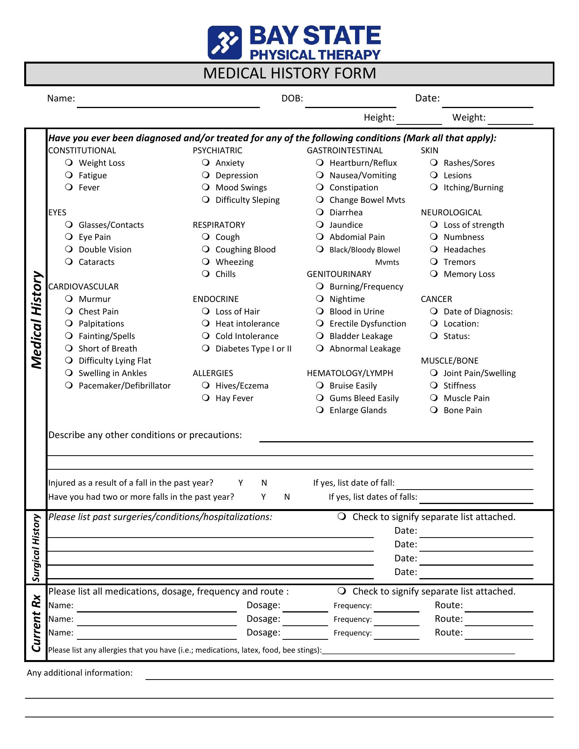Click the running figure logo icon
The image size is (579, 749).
[225, 43]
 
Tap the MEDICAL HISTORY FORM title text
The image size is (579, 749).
[289, 74]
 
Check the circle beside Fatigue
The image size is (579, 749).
[69, 175]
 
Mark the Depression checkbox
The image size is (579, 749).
[206, 175]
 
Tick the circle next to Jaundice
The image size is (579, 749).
[320, 224]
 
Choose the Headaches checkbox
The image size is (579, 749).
[434, 249]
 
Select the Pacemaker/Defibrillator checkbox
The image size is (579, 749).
[69, 385]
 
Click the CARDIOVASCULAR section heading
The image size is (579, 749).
[83, 287]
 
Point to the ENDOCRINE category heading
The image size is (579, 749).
[215, 299]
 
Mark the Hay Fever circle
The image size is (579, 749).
[206, 398]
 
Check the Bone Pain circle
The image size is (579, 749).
[434, 410]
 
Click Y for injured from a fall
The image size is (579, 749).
[241, 483]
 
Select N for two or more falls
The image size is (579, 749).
[287, 497]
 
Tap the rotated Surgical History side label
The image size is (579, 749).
[36, 548]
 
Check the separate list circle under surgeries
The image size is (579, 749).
[342, 516]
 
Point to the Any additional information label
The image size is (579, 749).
[80, 673]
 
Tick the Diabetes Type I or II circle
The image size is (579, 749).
[206, 348]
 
